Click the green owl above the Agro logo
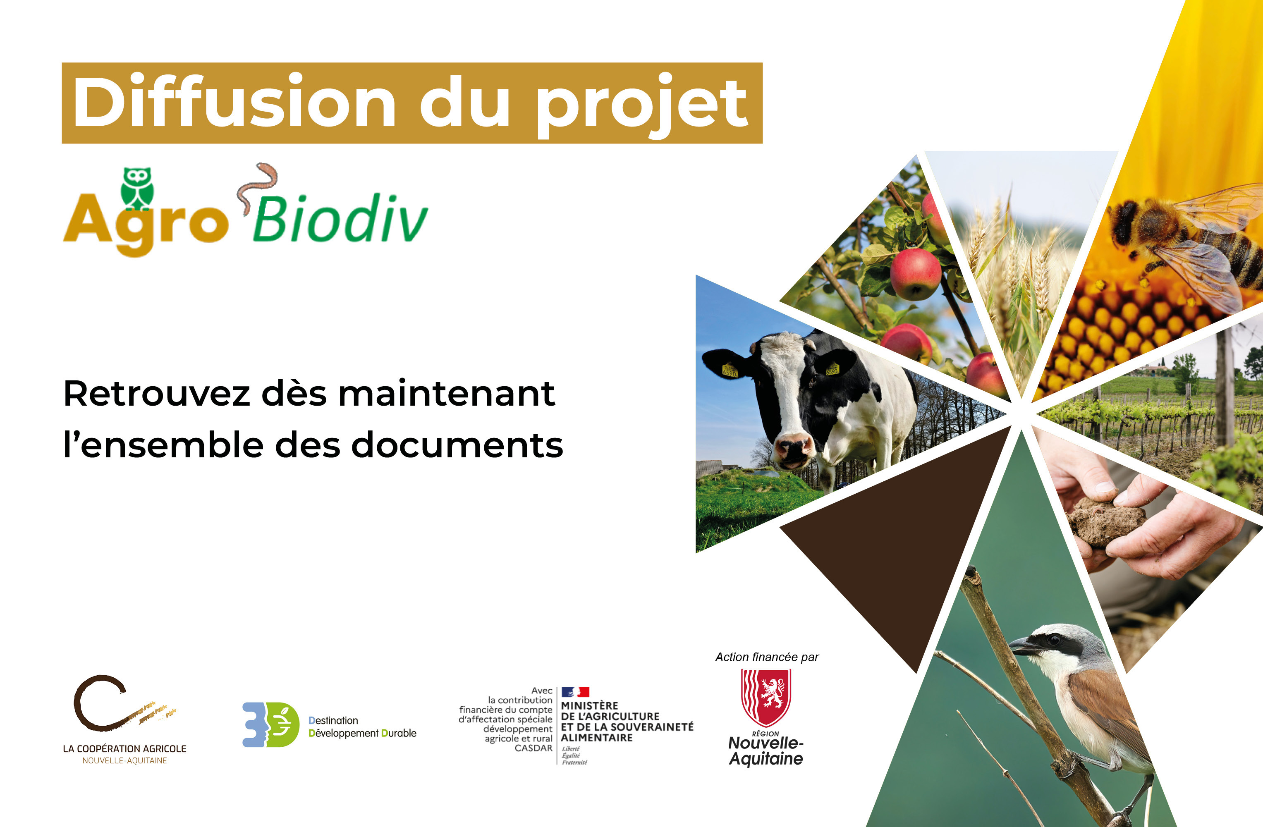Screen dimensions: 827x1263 click(137, 187)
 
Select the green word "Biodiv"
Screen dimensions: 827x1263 click(340, 219)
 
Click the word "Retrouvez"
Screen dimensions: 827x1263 click(157, 394)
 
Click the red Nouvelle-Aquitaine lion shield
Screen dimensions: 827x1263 click(766, 696)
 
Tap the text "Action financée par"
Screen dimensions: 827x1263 click(767, 657)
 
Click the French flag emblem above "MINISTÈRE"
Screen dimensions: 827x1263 click(575, 692)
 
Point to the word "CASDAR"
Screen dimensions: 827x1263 click(533, 748)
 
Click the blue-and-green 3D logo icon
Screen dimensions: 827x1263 click(270, 724)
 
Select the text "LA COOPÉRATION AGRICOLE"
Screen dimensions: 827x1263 click(125, 748)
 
